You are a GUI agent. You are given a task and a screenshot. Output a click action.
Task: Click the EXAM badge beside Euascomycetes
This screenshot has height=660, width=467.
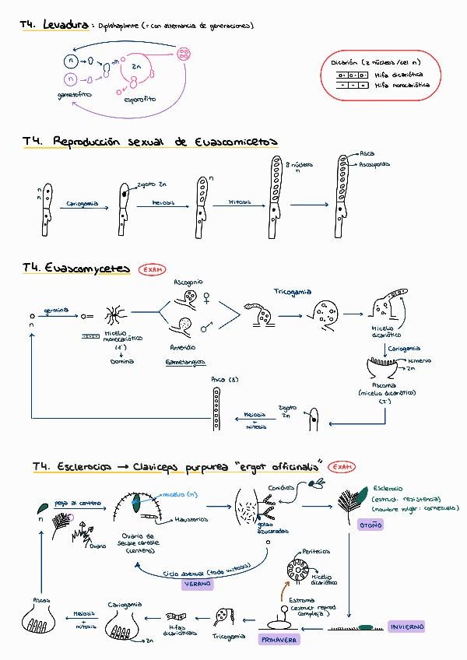[x=153, y=269]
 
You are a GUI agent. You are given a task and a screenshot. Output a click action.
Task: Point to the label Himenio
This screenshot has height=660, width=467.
[x=420, y=361]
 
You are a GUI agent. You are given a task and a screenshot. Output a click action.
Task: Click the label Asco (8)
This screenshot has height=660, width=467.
[x=219, y=379]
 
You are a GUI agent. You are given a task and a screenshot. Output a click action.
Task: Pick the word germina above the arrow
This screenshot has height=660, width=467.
[x=57, y=310]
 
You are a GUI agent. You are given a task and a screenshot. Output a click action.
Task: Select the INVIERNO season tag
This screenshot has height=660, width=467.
[x=407, y=627]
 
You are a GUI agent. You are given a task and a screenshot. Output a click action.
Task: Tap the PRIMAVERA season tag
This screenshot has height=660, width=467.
[x=279, y=639]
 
